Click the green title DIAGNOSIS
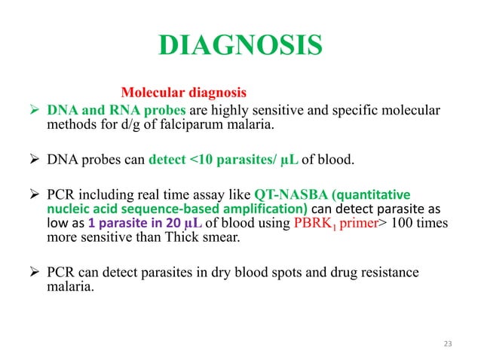[240, 47]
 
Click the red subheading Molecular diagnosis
[184, 94]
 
